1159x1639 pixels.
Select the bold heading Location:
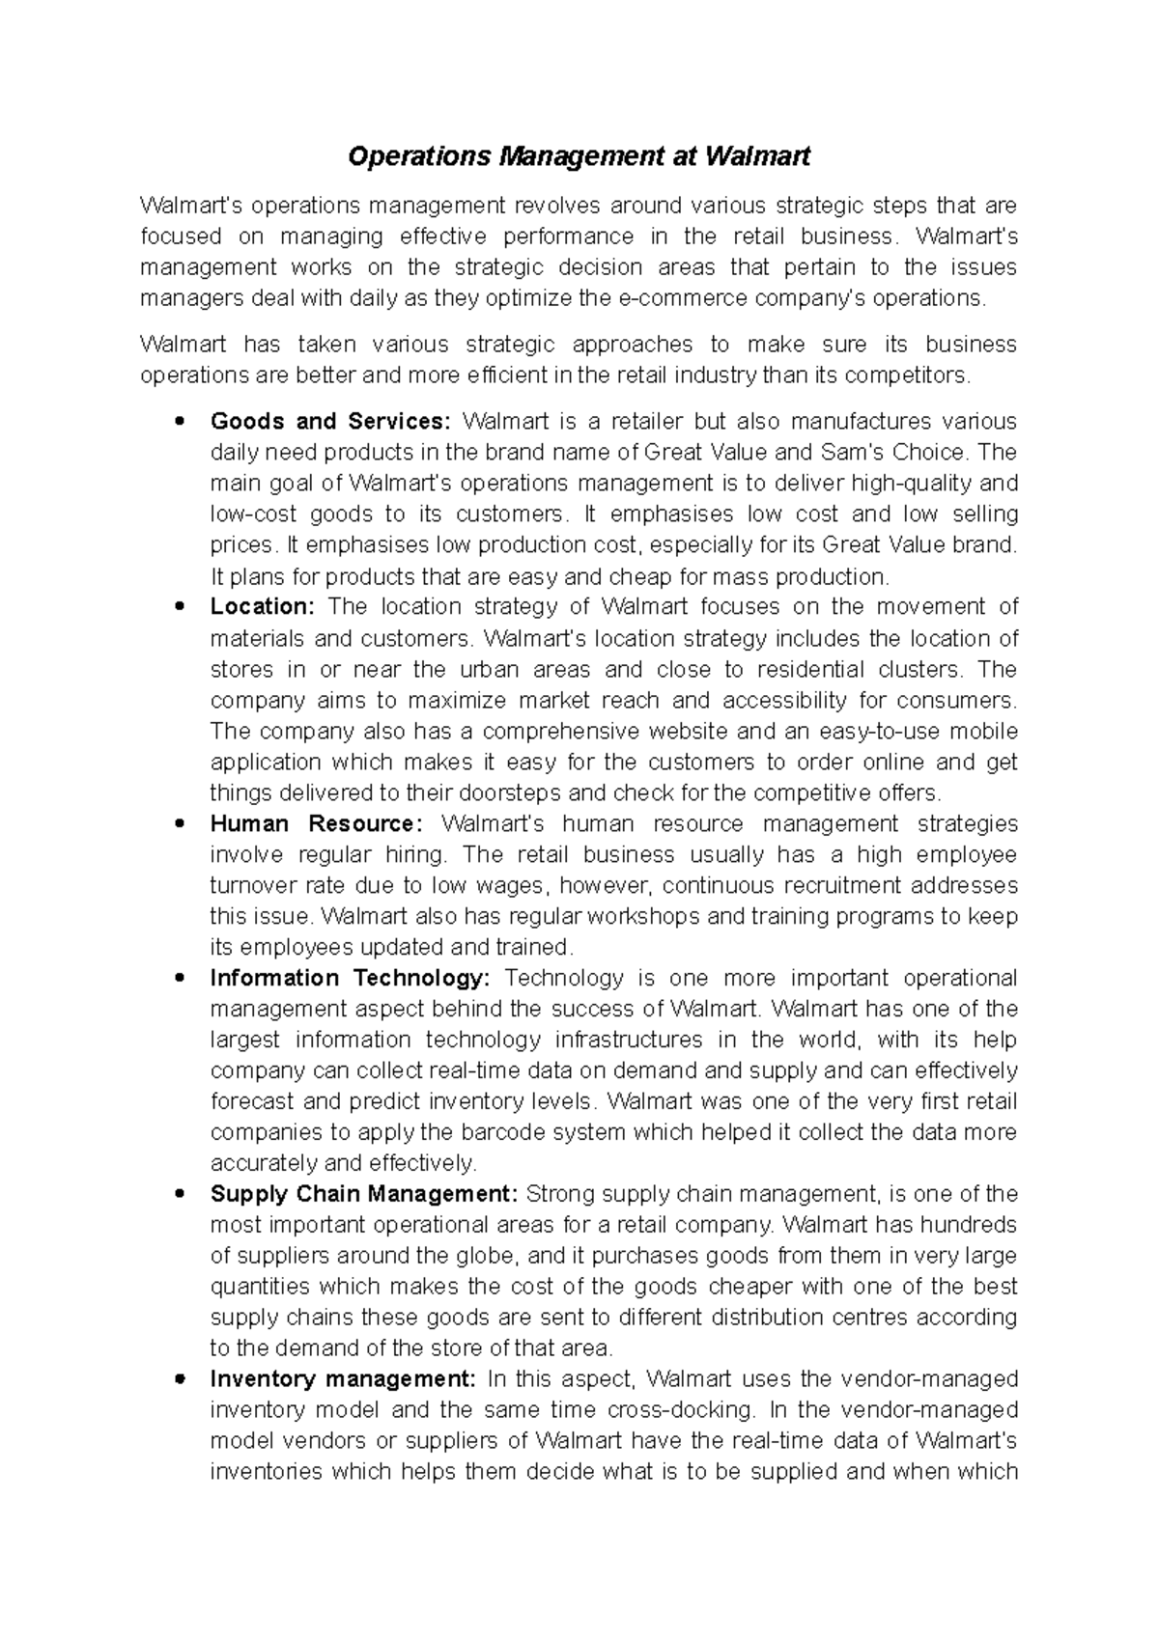(x=263, y=607)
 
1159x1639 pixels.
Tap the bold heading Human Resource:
(x=317, y=824)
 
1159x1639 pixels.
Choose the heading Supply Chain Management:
(x=364, y=1195)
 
